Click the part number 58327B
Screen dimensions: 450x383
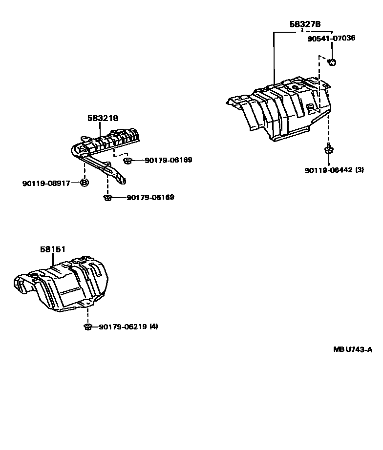point(305,24)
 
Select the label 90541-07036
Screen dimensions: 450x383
point(331,38)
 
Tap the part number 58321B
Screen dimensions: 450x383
point(103,118)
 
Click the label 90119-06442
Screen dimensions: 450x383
point(328,170)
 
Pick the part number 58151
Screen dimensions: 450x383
point(53,249)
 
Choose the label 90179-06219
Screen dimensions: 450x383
point(123,327)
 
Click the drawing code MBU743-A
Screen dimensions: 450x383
point(353,349)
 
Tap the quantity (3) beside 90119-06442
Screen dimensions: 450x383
point(360,170)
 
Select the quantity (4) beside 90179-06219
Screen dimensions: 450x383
point(154,327)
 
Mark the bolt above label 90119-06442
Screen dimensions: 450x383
point(328,149)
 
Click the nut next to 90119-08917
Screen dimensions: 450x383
point(84,183)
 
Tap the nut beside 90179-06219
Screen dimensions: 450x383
point(88,327)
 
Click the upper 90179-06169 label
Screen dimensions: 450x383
point(168,160)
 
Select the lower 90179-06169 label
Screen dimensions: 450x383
point(150,198)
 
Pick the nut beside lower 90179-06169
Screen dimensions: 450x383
point(108,198)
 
